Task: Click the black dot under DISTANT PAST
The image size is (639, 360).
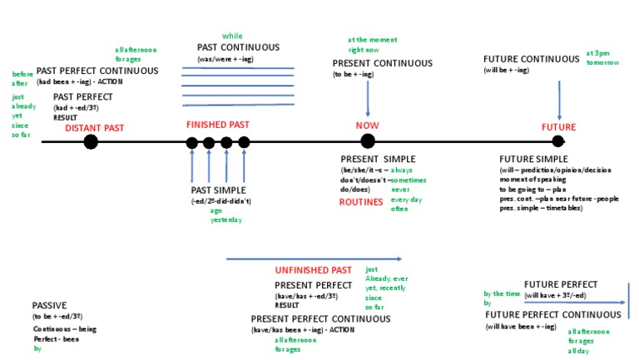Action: coord(91,141)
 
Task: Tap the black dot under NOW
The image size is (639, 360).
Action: coord(368,141)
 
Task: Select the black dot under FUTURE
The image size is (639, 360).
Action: coord(558,141)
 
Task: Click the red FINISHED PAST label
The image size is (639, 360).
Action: coord(217,125)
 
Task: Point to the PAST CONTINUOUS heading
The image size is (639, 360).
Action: coord(238,47)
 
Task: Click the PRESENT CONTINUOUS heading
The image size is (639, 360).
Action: coord(383,63)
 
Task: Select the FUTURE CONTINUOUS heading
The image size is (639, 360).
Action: coord(532,59)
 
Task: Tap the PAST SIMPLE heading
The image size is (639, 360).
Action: coord(219,190)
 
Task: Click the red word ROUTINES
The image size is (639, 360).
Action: coord(361,201)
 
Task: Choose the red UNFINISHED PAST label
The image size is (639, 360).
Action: coord(317,271)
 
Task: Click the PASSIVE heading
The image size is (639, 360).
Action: coord(49,305)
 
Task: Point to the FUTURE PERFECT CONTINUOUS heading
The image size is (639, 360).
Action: coord(552,315)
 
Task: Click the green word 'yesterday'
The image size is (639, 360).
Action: coord(226,220)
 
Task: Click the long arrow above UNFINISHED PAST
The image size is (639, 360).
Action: coord(314,259)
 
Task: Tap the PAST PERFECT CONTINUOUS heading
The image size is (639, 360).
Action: coord(97,71)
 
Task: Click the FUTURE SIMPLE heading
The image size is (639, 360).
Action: coord(533,159)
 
